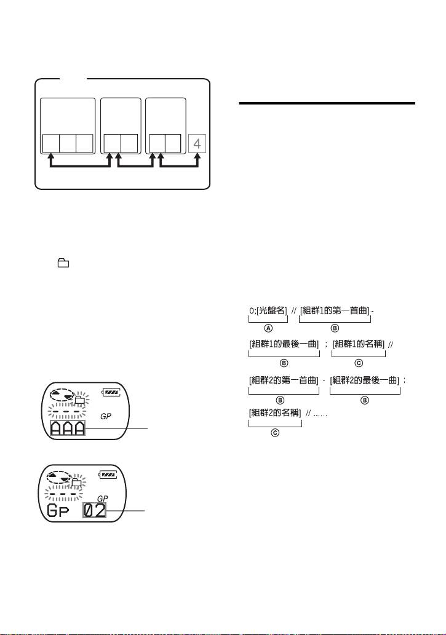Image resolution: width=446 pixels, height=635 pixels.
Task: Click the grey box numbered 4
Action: tap(197, 144)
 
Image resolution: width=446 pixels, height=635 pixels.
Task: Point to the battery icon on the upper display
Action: tap(111, 391)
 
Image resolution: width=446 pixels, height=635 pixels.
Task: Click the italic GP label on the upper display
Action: tap(106, 416)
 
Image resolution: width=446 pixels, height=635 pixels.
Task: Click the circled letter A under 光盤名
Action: tap(268, 329)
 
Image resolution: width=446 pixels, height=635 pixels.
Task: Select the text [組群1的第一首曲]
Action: tap(335, 311)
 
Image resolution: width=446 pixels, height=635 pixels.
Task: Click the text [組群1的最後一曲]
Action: tap(284, 342)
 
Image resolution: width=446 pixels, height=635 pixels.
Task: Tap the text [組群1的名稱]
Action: tap(359, 342)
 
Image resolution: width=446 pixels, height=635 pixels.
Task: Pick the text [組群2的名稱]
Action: tap(275, 412)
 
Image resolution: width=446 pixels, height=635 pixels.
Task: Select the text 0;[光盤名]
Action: tap(268, 311)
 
